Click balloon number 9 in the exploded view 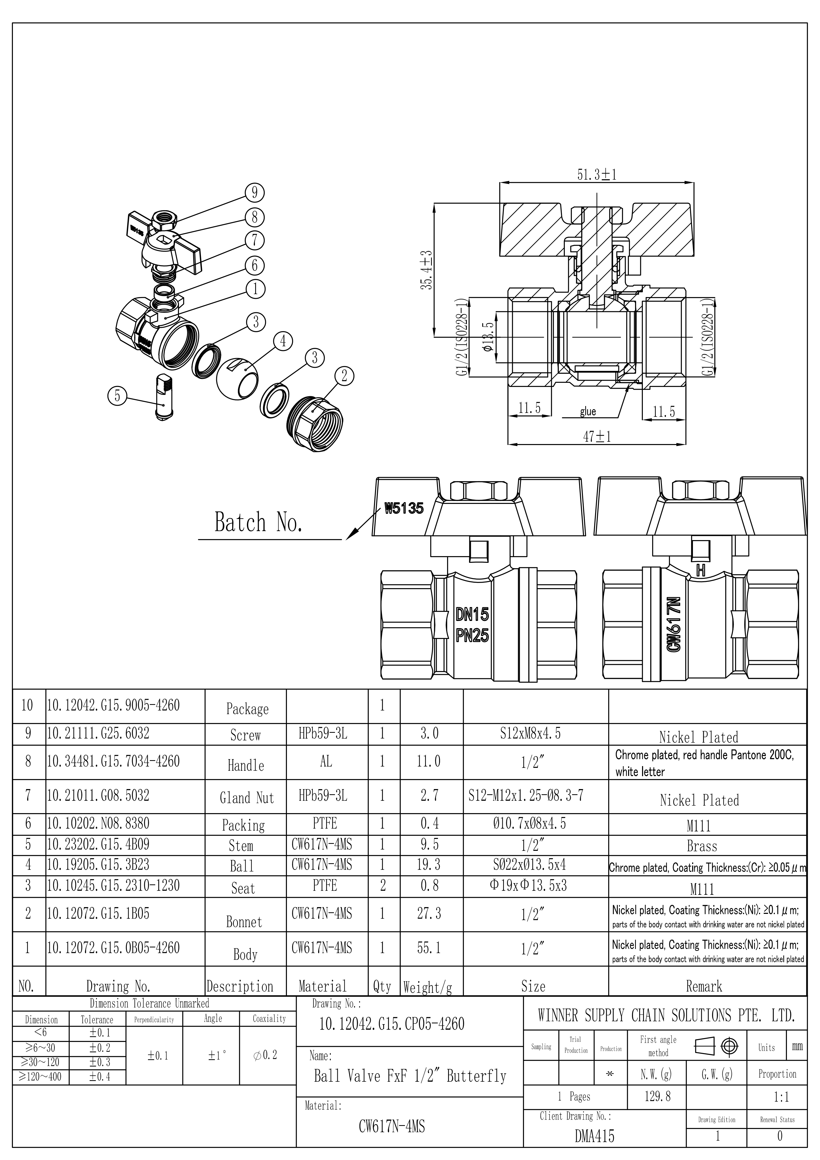(x=255, y=192)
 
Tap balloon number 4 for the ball (x=283, y=341)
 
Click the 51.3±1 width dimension (x=597, y=175)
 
